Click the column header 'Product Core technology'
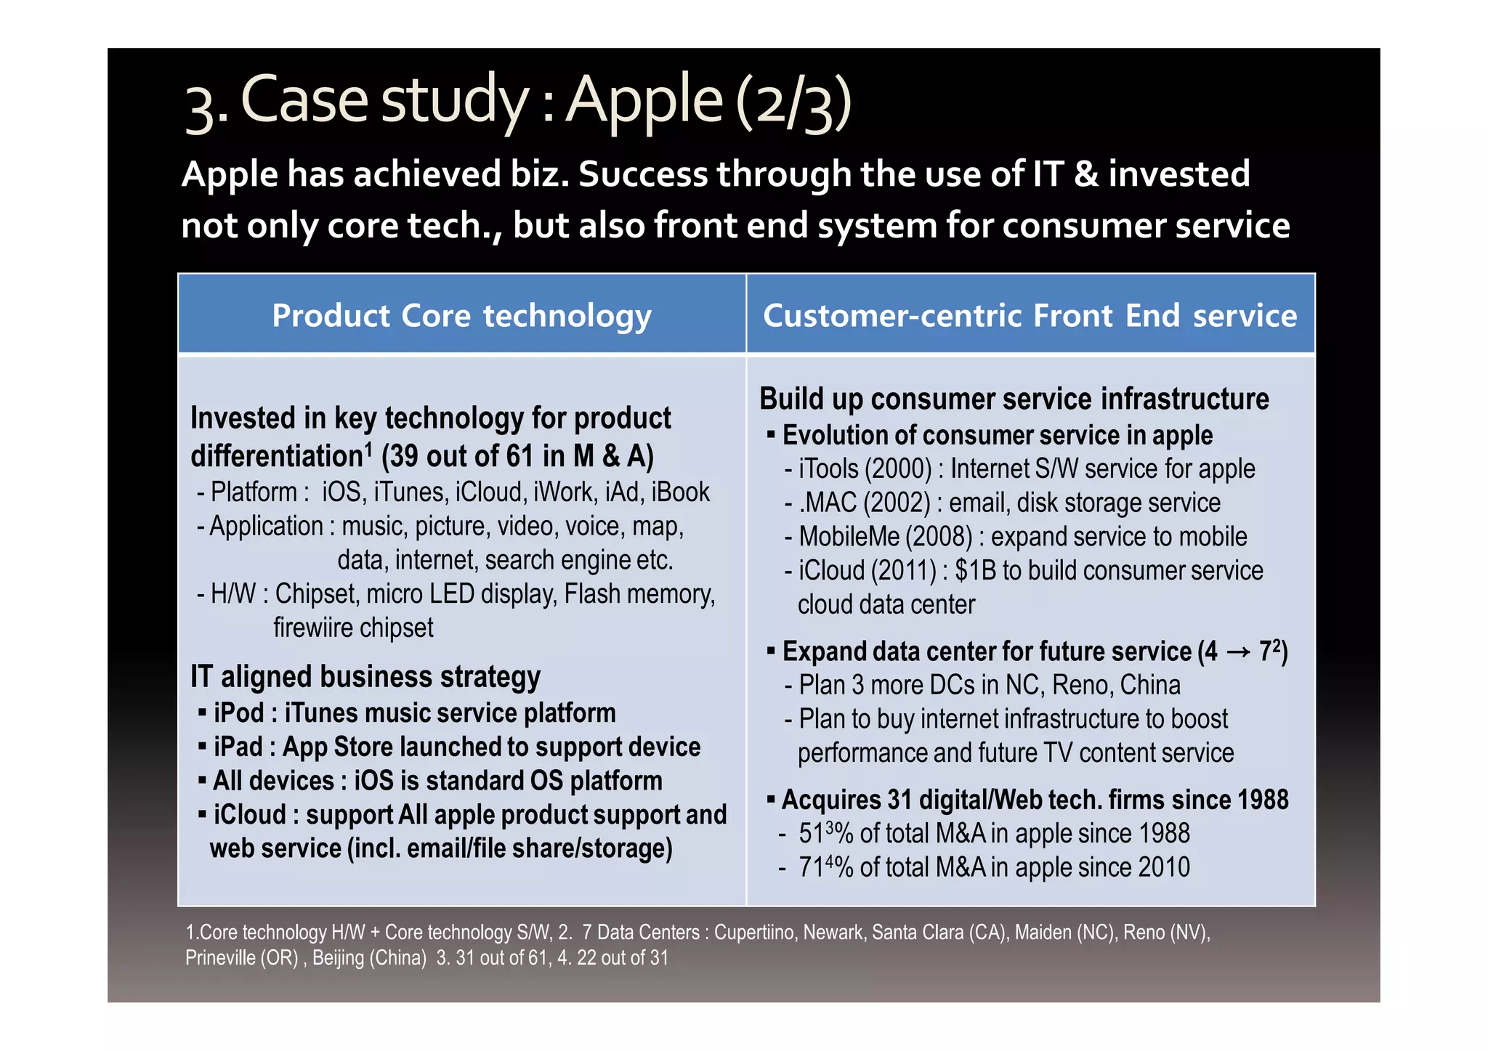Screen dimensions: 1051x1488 [461, 316]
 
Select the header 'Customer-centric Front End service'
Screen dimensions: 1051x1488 [1030, 316]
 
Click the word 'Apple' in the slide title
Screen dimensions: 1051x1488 [644, 100]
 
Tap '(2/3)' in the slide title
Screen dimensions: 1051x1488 [793, 103]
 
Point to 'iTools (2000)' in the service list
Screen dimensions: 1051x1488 [865, 469]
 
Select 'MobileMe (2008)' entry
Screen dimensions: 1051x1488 [885, 537]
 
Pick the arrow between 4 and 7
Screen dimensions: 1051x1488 [1238, 652]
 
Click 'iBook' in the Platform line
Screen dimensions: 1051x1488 [680, 492]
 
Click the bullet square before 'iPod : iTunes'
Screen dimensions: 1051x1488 [203, 713]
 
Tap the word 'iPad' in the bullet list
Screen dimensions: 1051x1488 [238, 747]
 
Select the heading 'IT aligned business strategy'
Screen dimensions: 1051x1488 [365, 677]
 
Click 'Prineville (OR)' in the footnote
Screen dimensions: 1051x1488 [242, 958]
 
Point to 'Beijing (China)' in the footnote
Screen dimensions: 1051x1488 [369, 958]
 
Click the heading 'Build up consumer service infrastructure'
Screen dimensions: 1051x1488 [1014, 399]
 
